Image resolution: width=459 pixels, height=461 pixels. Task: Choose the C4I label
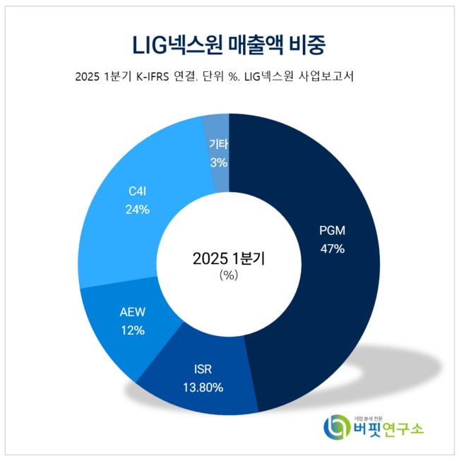[x=138, y=191]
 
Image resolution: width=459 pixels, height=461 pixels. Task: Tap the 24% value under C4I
[x=138, y=209]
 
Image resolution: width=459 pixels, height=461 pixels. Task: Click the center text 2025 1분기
[x=229, y=258]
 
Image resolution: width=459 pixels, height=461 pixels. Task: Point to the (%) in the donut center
[x=229, y=275]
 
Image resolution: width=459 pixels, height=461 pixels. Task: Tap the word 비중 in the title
[x=308, y=44]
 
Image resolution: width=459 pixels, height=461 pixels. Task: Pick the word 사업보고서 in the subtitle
[x=326, y=76]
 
